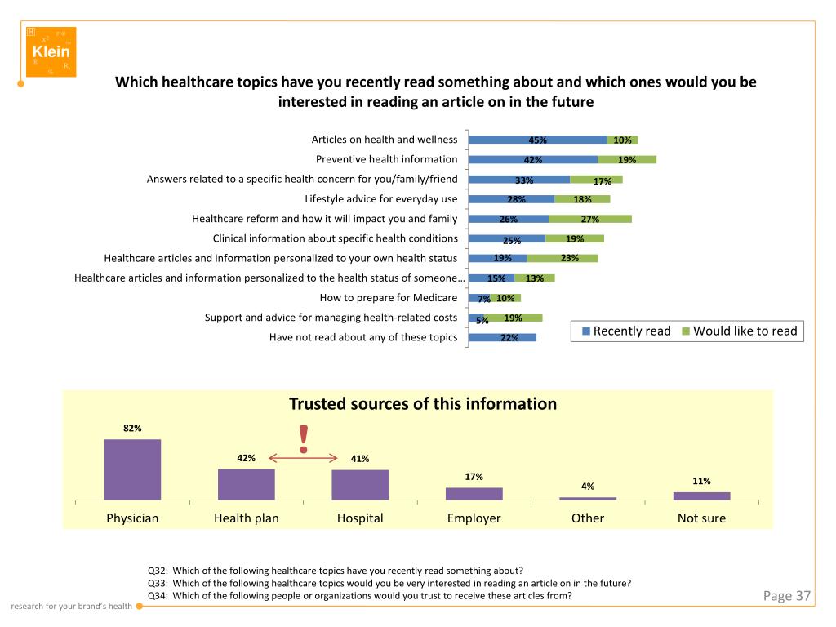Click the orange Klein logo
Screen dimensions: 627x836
click(51, 51)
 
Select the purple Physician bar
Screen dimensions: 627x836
click(132, 469)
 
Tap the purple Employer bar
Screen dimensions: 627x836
click(474, 493)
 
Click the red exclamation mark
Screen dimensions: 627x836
click(304, 439)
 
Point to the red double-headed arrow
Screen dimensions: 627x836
click(304, 458)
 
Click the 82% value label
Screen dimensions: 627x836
click(132, 428)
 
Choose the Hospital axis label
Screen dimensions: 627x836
click(360, 518)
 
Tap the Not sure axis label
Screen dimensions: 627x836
click(701, 518)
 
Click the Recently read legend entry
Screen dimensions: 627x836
click(625, 331)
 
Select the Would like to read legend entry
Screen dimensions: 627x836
click(739, 331)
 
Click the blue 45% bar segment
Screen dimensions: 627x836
click(537, 140)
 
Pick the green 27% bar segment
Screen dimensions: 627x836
click(589, 219)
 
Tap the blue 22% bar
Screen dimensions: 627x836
click(502, 337)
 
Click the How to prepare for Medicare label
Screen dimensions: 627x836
click(388, 298)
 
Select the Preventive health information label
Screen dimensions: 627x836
click(386, 159)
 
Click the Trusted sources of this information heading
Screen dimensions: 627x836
click(423, 404)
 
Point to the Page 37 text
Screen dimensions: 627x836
click(786, 596)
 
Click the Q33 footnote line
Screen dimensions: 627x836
click(389, 583)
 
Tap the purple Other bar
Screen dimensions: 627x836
click(588, 498)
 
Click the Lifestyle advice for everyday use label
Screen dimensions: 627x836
click(380, 198)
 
